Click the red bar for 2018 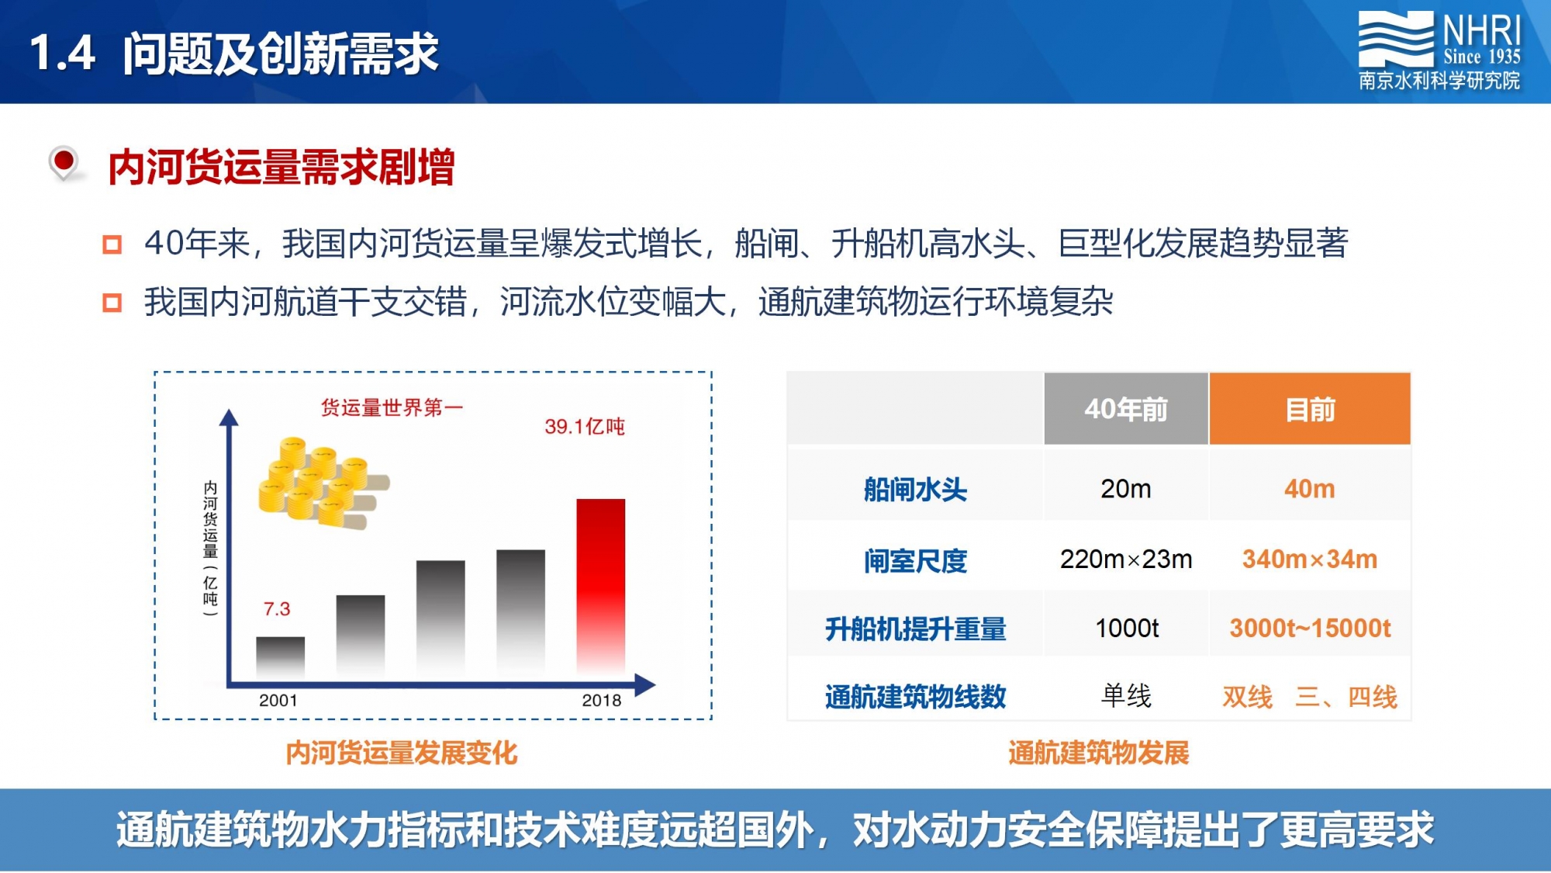pyautogui.click(x=600, y=586)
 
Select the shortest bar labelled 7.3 pyautogui.click(x=280, y=656)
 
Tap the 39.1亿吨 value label pyautogui.click(x=585, y=426)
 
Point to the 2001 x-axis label pyautogui.click(x=278, y=700)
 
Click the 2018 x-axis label pyautogui.click(x=602, y=700)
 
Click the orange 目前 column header pyautogui.click(x=1310, y=409)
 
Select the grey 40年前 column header pyautogui.click(x=1126, y=409)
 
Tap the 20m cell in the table pyautogui.click(x=1126, y=489)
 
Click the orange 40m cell pyautogui.click(x=1310, y=489)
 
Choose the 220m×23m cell pyautogui.click(x=1126, y=559)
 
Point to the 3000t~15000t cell pyautogui.click(x=1310, y=628)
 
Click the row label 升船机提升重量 pyautogui.click(x=916, y=629)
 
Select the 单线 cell pyautogui.click(x=1126, y=695)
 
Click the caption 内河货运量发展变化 pyautogui.click(x=402, y=753)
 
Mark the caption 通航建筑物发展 pyautogui.click(x=1099, y=753)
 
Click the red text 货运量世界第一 pyautogui.click(x=392, y=407)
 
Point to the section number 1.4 pyautogui.click(x=62, y=53)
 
